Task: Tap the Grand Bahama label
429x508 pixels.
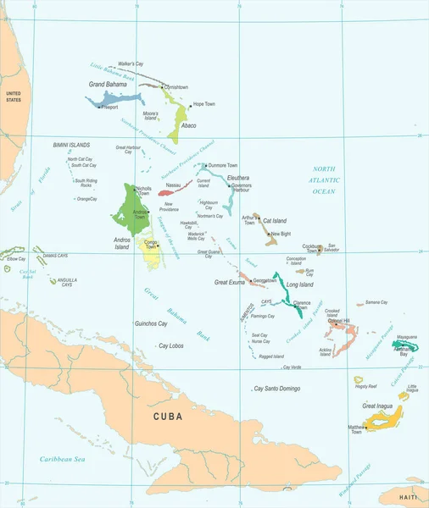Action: tap(108, 85)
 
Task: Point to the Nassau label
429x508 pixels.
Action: tap(173, 184)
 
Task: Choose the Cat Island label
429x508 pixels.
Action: tap(274, 220)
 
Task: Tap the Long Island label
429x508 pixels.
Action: tap(299, 284)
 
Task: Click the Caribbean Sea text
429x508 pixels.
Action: tap(62, 458)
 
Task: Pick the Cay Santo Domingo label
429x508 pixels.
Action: tap(277, 388)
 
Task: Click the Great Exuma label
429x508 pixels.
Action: tap(229, 282)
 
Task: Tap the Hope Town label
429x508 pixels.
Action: tap(204, 104)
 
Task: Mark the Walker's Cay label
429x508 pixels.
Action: tap(131, 64)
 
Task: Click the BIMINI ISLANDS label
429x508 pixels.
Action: tap(72, 145)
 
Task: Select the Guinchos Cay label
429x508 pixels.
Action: tap(151, 323)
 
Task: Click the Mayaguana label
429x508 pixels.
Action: tap(406, 336)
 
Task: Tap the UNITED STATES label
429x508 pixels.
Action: tap(13, 95)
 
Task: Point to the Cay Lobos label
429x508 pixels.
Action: tap(171, 345)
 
